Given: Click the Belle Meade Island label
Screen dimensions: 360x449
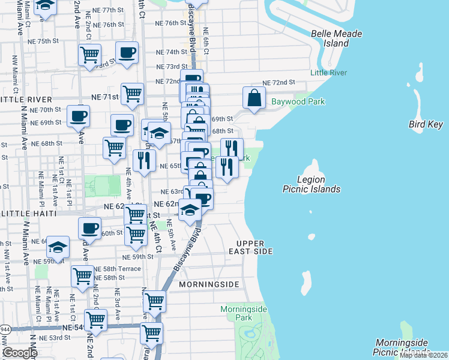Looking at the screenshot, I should coord(330,38).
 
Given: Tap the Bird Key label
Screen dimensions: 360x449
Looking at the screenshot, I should coord(425,124).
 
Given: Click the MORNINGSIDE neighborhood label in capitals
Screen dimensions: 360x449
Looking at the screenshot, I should coord(209,284).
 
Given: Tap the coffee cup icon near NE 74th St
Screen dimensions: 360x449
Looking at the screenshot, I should coord(127,53).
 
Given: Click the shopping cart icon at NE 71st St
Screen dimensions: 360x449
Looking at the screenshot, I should coord(132,94).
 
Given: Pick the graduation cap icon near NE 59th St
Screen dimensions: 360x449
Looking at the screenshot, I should coord(58,247).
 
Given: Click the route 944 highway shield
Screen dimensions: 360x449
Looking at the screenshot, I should coord(6,329).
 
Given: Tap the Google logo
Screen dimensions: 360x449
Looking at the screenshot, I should coord(20,353).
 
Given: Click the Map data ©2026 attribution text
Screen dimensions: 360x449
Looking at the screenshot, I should coord(423,355).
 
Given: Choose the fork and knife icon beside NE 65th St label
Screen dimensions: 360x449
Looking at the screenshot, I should coord(144,161).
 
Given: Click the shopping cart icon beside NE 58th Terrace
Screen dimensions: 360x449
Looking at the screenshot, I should coord(83,276).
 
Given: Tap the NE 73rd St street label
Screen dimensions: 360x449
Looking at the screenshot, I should coord(172,67).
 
